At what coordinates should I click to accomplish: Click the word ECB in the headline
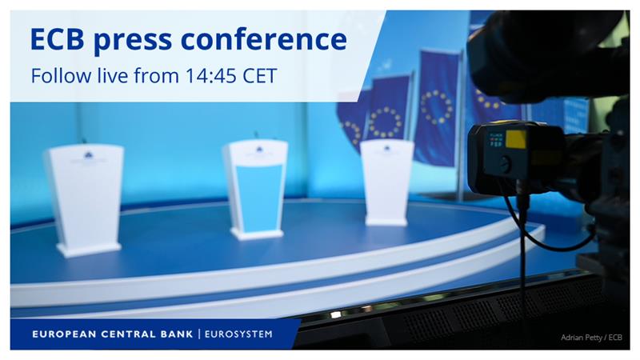[58, 38]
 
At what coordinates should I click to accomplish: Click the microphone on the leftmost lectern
[82, 141]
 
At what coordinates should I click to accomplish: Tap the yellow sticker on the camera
[516, 139]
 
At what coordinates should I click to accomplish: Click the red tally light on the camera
[491, 137]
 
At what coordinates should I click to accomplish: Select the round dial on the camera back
[505, 164]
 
